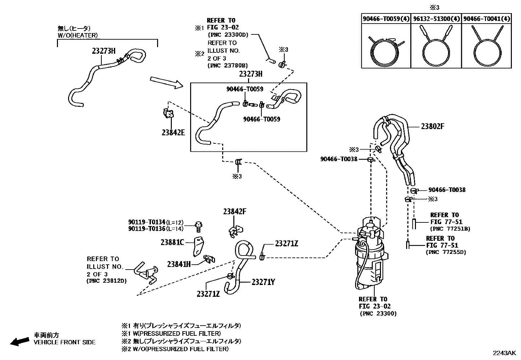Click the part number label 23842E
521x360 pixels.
173,132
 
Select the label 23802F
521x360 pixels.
432,126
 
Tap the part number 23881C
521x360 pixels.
172,242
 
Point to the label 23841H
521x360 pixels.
179,264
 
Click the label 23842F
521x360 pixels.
235,212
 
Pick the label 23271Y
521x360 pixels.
263,282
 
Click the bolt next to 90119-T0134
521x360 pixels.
198,225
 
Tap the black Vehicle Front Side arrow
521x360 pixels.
19,341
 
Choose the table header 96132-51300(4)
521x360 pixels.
436,19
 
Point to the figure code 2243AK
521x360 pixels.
504,353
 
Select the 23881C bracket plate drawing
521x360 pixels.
198,246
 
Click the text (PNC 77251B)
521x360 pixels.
450,229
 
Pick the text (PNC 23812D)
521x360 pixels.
106,281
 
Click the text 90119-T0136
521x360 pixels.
147,229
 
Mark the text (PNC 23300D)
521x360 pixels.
228,34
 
